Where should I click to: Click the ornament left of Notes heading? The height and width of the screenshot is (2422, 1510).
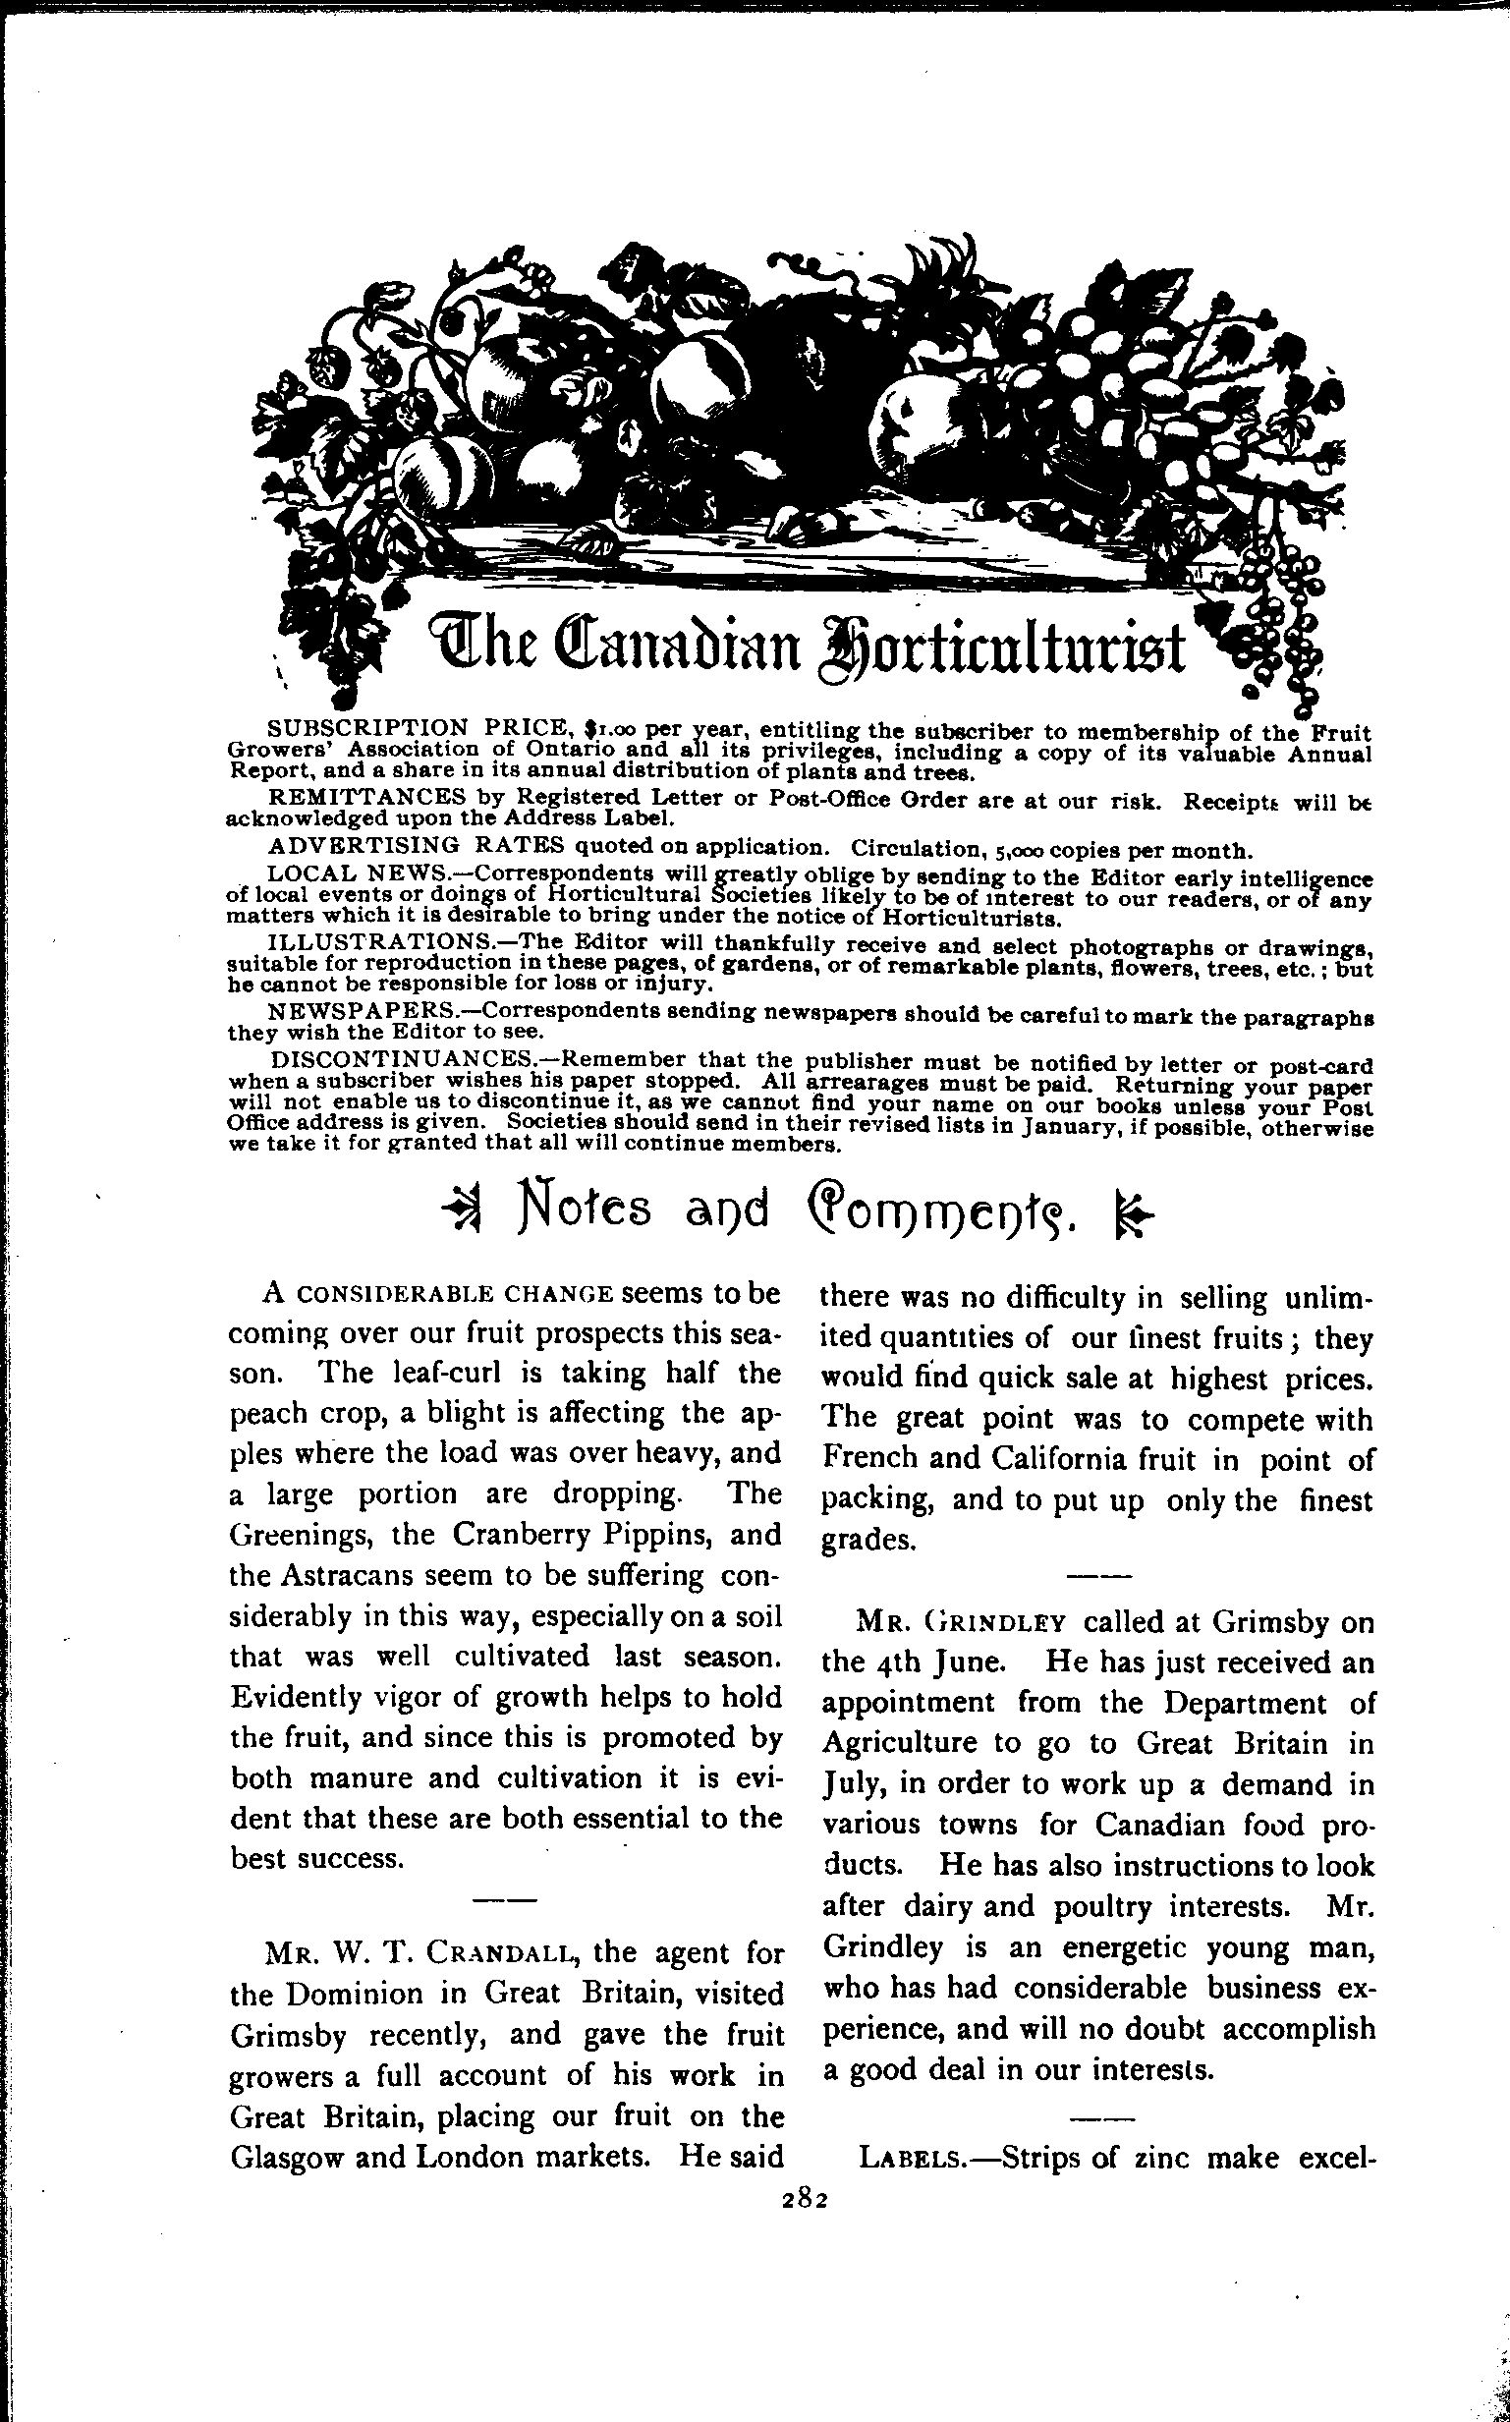[462, 1211]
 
